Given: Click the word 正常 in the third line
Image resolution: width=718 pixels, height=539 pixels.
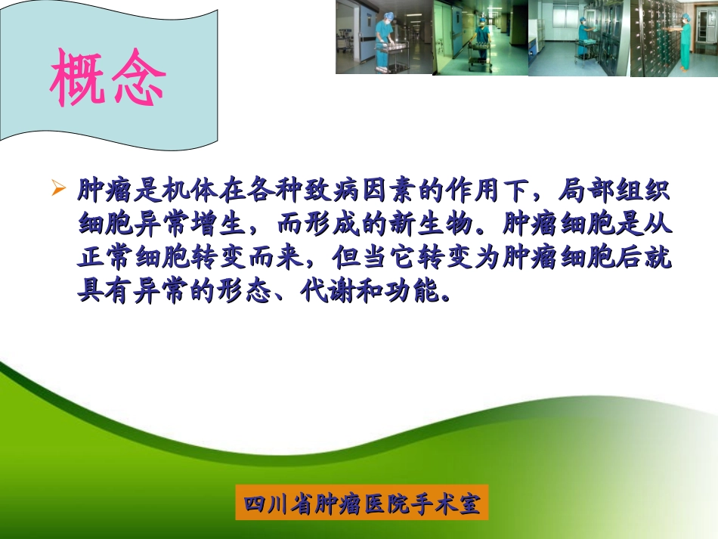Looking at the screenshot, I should point(101,256).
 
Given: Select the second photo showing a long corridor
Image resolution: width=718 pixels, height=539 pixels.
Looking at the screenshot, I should point(480,37).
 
